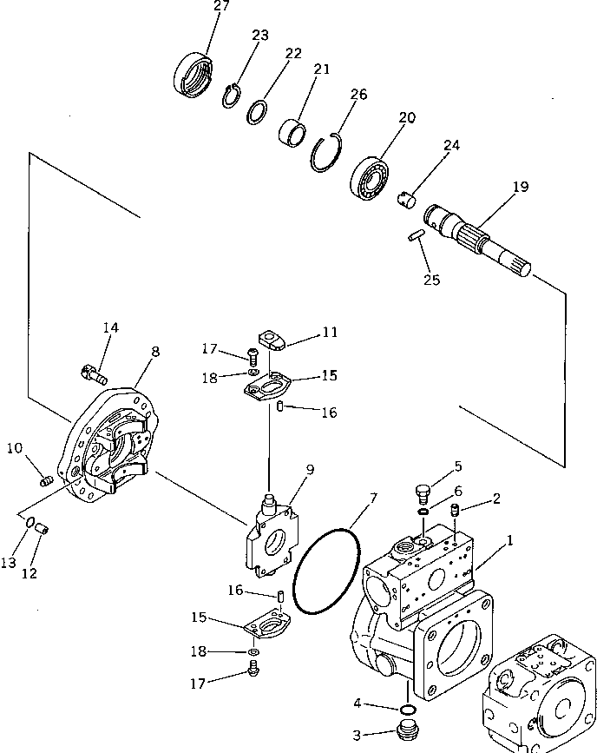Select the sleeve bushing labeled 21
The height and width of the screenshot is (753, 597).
pyautogui.click(x=293, y=134)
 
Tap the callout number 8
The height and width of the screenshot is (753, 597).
pyautogui.click(x=154, y=352)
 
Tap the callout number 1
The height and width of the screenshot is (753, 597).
pyautogui.click(x=509, y=539)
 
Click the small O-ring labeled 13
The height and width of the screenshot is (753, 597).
pyautogui.click(x=30, y=523)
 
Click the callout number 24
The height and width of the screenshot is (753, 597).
pyautogui.click(x=451, y=147)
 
